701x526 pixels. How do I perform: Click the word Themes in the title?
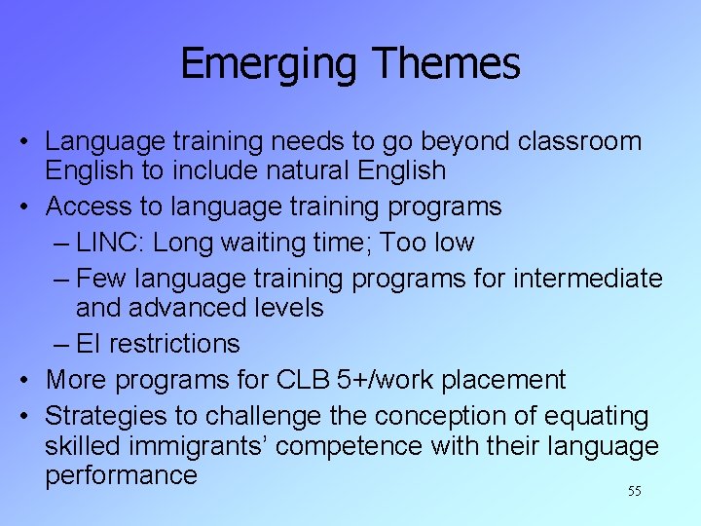447,64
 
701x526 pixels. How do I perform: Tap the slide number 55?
634,492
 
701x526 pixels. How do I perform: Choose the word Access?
92,207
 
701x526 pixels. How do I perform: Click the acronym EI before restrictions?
89,344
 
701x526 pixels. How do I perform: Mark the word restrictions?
174,344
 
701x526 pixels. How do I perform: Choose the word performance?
121,475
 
